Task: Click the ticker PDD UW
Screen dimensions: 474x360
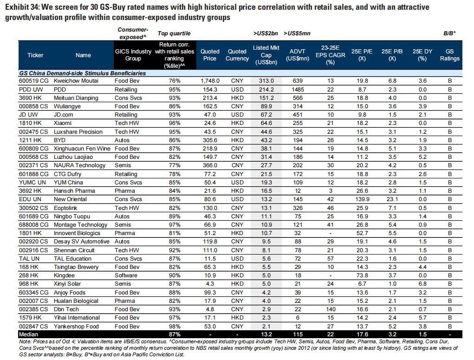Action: point(31,90)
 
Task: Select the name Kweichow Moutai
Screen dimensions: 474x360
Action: point(76,81)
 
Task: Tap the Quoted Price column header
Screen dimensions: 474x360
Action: point(210,55)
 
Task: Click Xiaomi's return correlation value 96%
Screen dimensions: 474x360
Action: point(174,123)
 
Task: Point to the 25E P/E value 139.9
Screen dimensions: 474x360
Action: point(362,199)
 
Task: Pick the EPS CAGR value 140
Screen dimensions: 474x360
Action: point(331,309)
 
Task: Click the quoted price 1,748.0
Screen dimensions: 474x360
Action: point(210,81)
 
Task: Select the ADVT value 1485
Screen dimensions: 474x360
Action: point(298,90)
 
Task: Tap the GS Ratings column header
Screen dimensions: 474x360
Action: point(449,55)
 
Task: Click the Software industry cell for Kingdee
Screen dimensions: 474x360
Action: point(126,275)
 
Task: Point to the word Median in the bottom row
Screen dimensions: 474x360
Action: point(28,334)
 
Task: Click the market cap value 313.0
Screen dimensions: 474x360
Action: point(266,81)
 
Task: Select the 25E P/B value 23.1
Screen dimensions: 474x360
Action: point(392,199)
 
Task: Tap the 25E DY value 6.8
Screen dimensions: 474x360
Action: point(422,284)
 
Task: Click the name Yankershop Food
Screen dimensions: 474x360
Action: point(76,327)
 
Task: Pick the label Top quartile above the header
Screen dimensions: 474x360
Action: point(174,33)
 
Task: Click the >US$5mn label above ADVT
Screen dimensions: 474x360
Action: point(297,33)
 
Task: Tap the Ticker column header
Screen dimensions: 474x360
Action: point(35,55)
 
